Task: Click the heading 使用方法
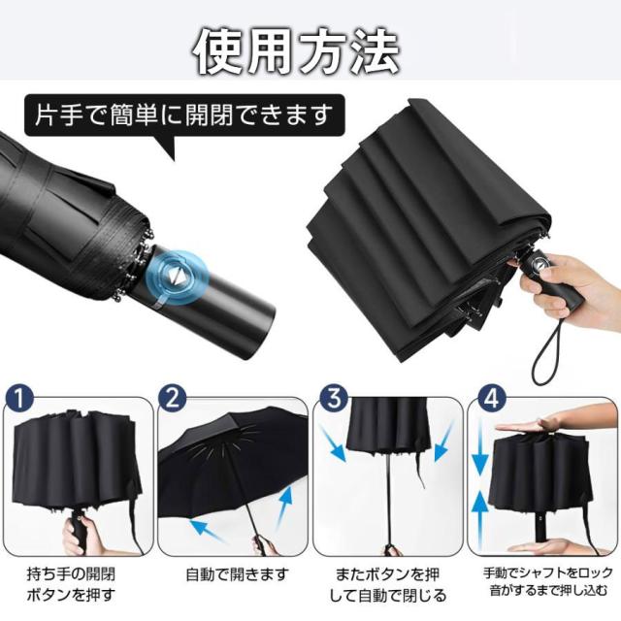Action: click(x=296, y=52)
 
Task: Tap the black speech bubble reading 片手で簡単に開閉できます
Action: click(x=184, y=115)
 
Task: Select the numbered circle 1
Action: click(x=19, y=399)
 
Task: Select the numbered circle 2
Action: click(x=173, y=399)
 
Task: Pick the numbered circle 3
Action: click(x=334, y=399)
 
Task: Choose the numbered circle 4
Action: click(x=492, y=399)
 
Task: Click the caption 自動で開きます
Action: click(x=238, y=574)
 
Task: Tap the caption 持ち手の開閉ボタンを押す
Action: click(x=71, y=584)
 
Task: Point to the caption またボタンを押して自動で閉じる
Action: click(x=388, y=584)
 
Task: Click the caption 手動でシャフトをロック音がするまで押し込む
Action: click(x=547, y=581)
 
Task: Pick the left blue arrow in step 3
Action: click(x=334, y=444)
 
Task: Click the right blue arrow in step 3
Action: click(x=443, y=442)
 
